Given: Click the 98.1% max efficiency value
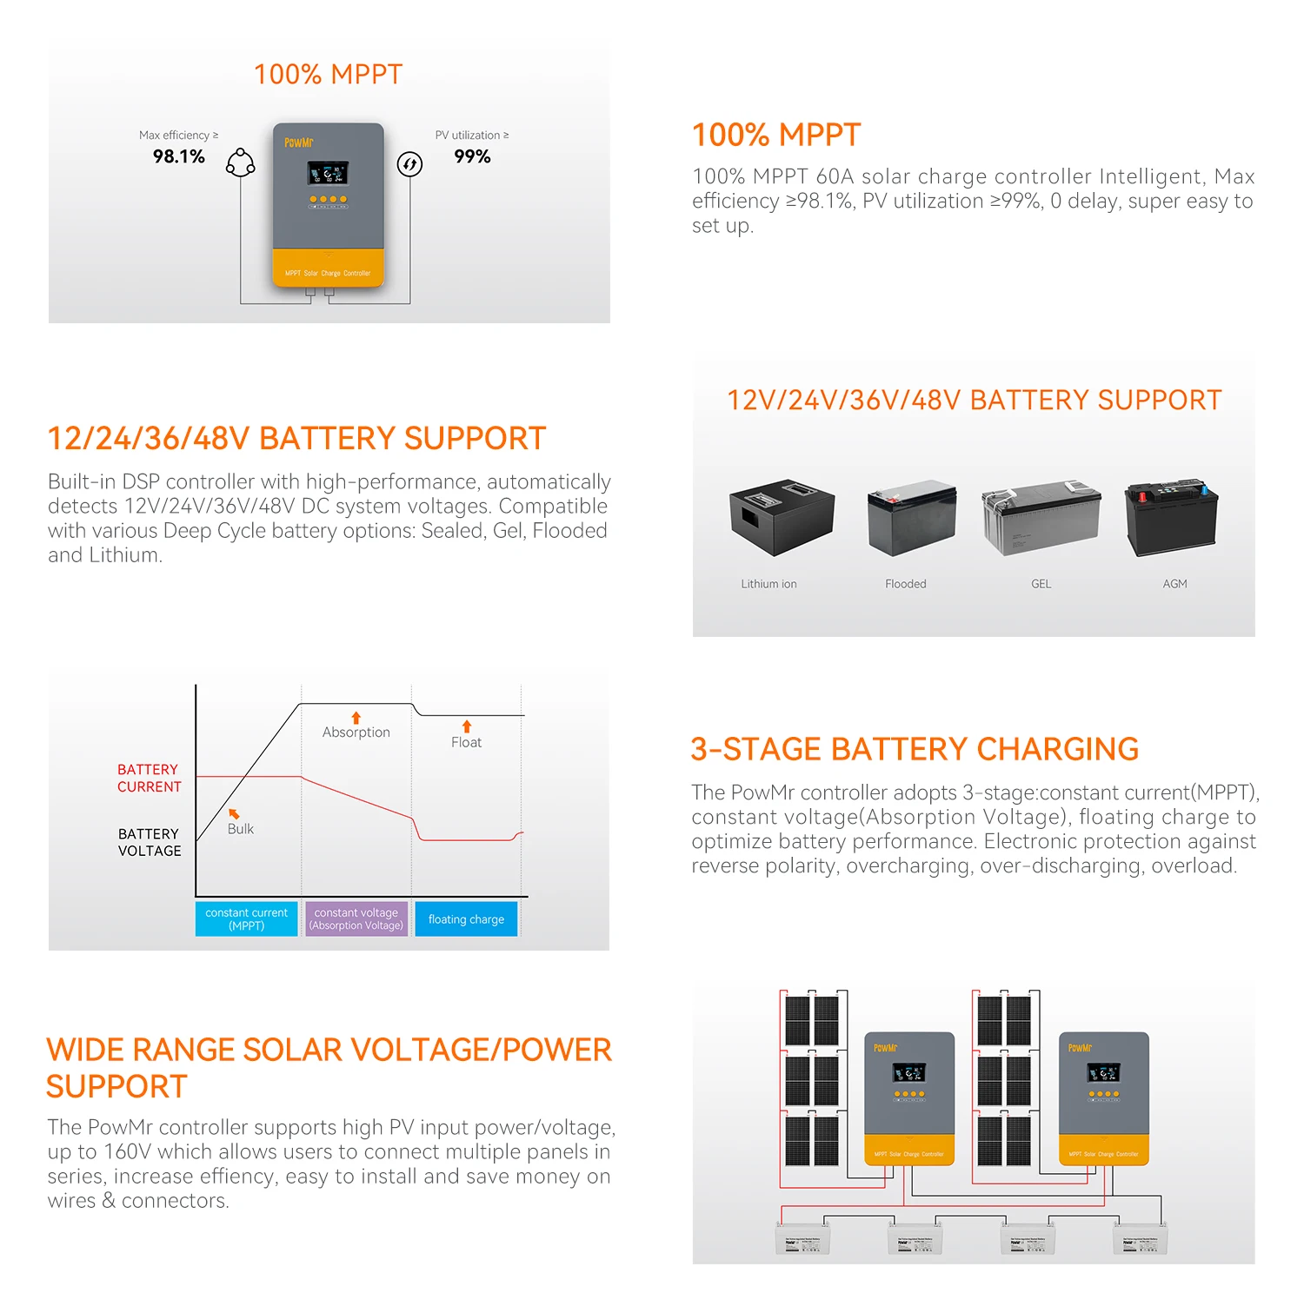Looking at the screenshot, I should tap(179, 156).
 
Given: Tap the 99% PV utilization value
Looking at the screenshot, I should tap(472, 156).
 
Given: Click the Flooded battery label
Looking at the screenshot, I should tap(905, 584).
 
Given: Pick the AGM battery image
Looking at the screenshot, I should tap(1172, 519).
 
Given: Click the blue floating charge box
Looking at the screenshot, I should tap(466, 919).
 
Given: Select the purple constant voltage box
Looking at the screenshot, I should tap(356, 919).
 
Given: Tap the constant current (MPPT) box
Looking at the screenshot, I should tap(246, 919).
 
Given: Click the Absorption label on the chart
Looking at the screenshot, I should tap(356, 733).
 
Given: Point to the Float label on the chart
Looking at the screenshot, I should tap(466, 742).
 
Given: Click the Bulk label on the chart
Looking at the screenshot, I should tap(241, 829).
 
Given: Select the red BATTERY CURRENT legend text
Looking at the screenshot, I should tap(150, 778).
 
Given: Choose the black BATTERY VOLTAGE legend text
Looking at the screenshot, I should tap(150, 842).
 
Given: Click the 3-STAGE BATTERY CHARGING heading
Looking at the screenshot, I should tap(915, 749).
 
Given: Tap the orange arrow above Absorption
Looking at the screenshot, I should tap(356, 718).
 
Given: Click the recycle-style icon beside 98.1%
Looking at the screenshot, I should tap(240, 162).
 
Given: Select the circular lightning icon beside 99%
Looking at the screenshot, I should tap(409, 163).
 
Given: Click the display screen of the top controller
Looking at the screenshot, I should tap(328, 174).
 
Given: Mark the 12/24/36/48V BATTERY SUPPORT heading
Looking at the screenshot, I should tap(296, 439).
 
